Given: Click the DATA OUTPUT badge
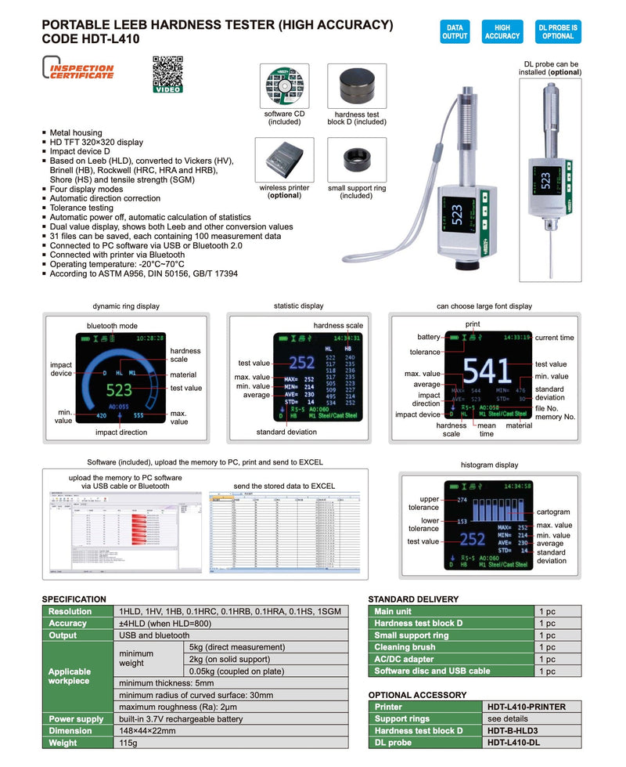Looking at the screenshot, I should coord(454,31).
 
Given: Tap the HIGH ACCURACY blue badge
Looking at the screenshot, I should coord(502,31).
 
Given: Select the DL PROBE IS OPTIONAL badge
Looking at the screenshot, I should coord(558,31).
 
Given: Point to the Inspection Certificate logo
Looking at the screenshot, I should coord(78,71).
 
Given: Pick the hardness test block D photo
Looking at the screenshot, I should coord(356,87).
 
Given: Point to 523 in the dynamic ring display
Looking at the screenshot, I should coord(119,389).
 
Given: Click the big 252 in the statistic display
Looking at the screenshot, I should coord(301,363).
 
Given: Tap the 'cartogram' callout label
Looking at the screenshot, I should coord(553,512).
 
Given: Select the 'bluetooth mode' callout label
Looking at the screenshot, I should coord(112,325).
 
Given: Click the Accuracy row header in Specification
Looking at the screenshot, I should coord(68,624).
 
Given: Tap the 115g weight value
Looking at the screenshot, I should coord(128,743).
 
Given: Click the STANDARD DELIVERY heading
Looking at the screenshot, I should coord(412,599).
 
